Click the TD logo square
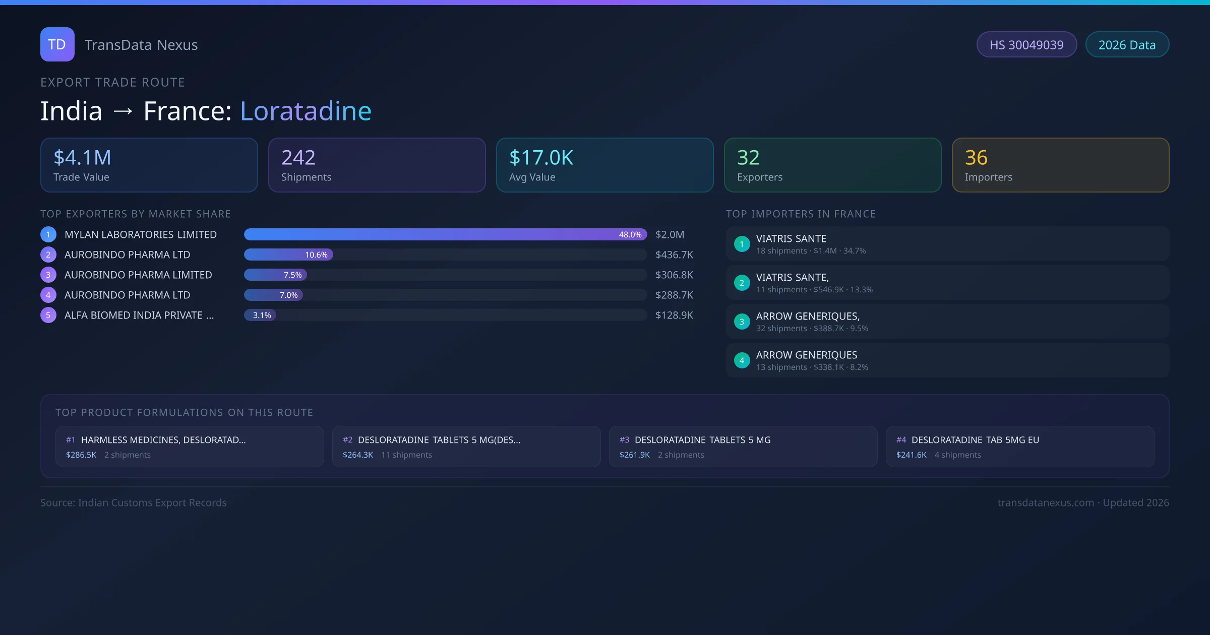[57, 44]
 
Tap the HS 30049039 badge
[1026, 45]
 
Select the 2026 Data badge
[1127, 45]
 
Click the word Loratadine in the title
[306, 111]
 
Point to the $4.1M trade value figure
[82, 158]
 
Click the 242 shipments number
[298, 158]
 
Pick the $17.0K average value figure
[541, 158]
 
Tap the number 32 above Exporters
[748, 158]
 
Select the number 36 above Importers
[976, 158]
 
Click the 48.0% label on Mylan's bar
[630, 235]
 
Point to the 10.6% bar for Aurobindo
[288, 255]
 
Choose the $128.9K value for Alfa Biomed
[674, 315]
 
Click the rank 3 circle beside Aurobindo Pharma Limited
[48, 275]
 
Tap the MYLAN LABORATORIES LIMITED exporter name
[141, 235]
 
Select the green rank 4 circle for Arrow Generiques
[742, 361]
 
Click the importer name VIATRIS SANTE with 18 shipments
[791, 239]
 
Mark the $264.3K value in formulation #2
[358, 455]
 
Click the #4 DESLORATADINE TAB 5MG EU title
[975, 440]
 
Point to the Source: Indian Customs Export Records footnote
[134, 503]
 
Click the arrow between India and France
[123, 111]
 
